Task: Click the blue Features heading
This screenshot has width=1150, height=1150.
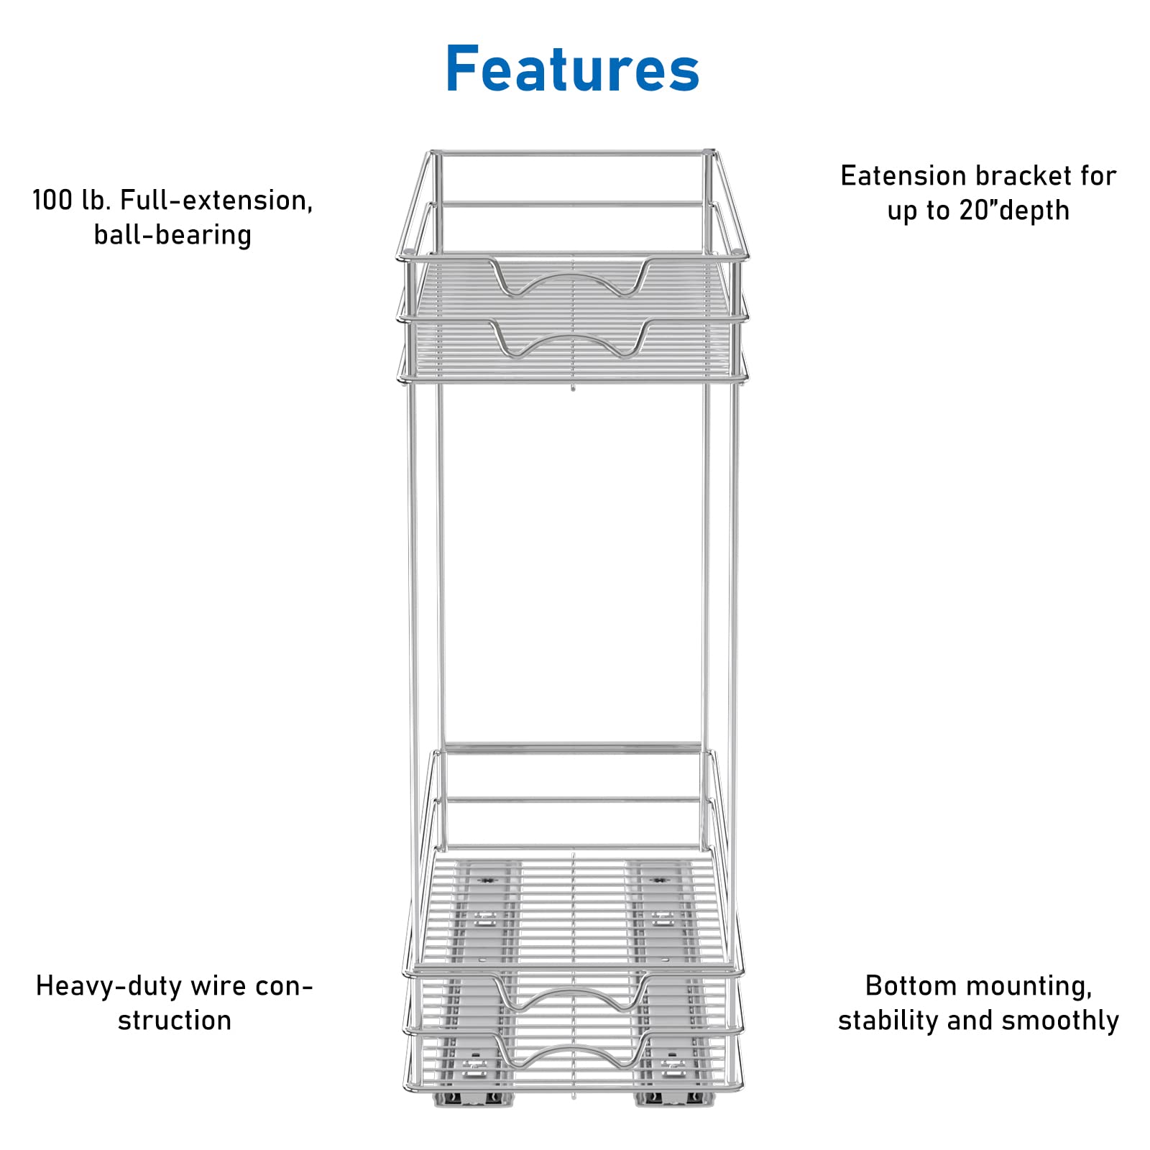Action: coord(573,69)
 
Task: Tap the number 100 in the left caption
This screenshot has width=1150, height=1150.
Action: coord(52,200)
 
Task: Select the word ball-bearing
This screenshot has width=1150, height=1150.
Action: coord(172,234)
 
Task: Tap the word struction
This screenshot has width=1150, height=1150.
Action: coord(175,1020)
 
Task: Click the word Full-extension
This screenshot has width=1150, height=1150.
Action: coord(216,201)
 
